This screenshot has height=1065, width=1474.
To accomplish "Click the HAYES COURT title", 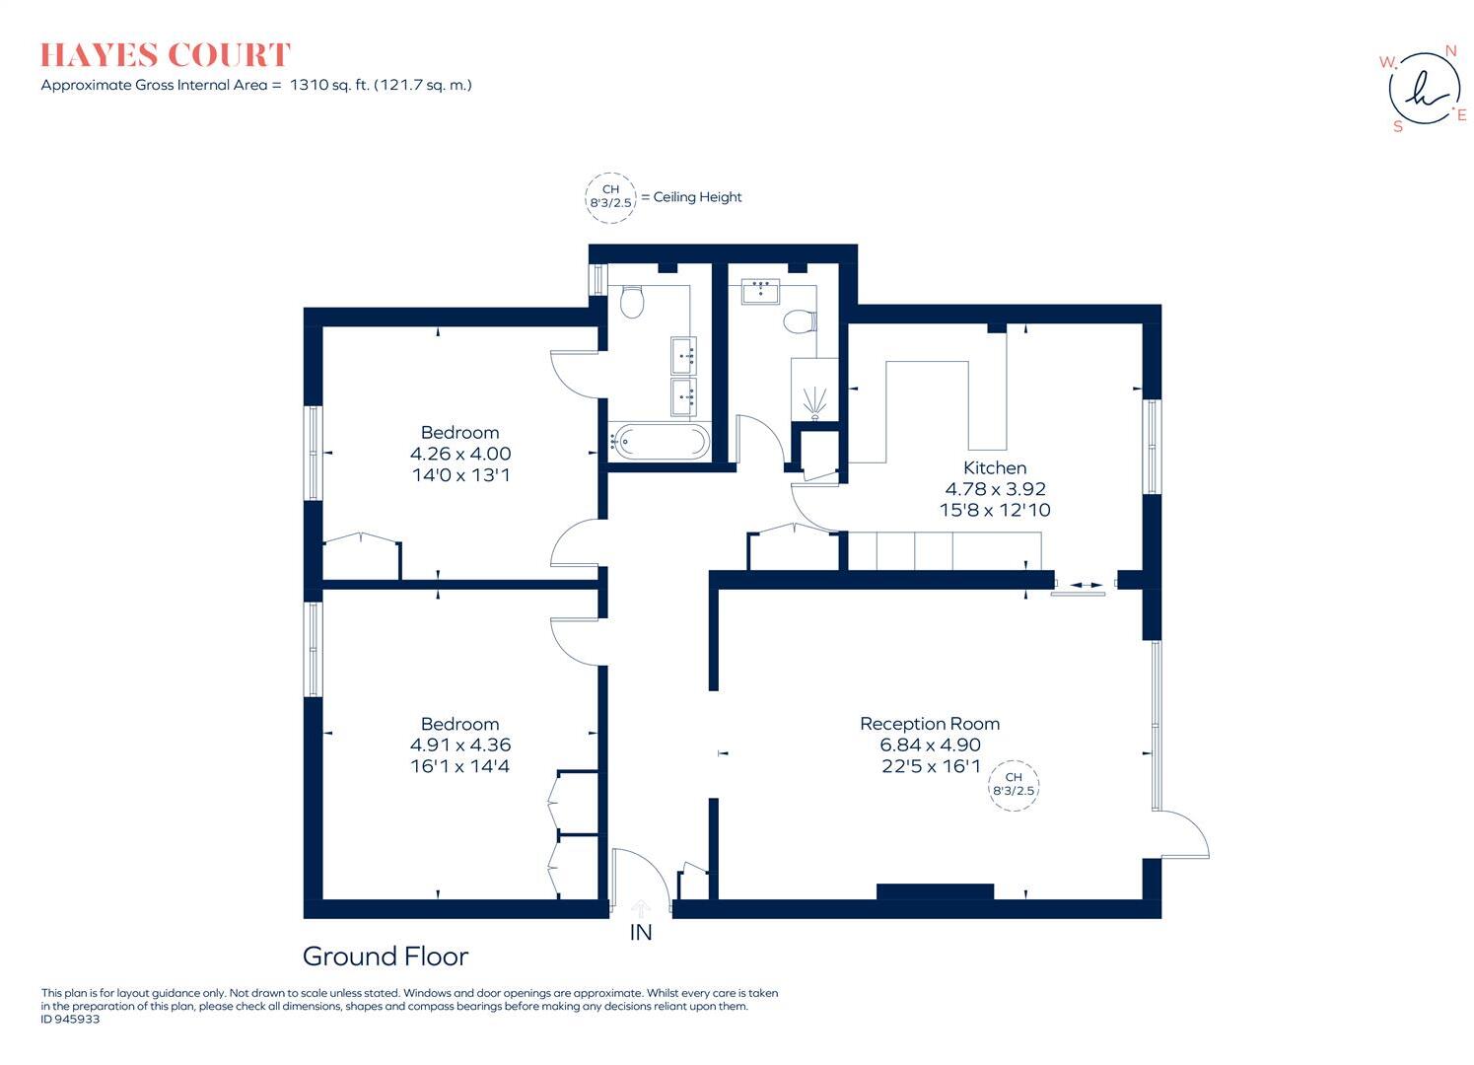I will click(166, 55).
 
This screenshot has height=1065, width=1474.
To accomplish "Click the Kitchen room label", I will click(994, 467).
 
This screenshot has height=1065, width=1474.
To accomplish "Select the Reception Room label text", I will click(929, 724).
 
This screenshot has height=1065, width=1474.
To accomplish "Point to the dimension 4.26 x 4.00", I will click(460, 454).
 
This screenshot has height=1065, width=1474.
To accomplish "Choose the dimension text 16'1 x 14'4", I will click(459, 766).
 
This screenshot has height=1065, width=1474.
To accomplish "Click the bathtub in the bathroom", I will click(659, 441).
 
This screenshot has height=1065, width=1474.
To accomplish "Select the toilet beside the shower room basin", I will click(799, 321).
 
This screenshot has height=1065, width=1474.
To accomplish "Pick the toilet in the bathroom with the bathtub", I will click(632, 302).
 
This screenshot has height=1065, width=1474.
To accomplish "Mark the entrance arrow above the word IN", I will click(641, 907).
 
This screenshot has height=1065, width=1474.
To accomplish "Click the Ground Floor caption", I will click(385, 956).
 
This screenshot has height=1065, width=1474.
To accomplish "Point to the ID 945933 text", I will click(70, 1020).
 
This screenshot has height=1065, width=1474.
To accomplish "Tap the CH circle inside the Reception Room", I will click(1014, 784).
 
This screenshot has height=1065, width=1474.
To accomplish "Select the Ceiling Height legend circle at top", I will click(610, 196).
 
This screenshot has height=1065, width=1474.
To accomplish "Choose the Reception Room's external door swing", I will click(1183, 836).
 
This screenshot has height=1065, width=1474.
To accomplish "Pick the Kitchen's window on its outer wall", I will click(1150, 447).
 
